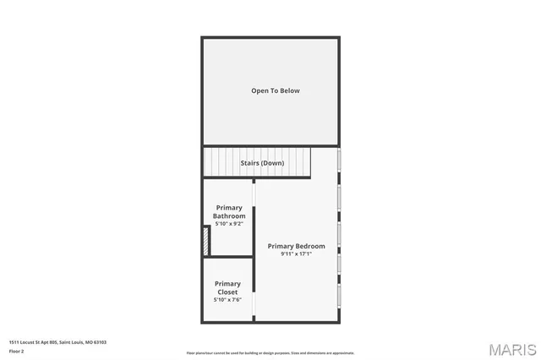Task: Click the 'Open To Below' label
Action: click(275, 90)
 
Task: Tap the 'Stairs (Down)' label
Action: click(261, 163)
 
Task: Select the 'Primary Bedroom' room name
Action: click(296, 246)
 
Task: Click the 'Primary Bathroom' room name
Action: click(229, 211)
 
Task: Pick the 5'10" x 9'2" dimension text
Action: click(229, 224)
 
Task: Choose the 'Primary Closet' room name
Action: click(227, 287)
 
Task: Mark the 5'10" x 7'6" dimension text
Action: click(227, 300)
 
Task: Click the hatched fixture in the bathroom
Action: click(206, 240)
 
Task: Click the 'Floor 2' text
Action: click(17, 350)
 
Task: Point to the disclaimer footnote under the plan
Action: click(270, 353)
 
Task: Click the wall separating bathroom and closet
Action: click(230, 256)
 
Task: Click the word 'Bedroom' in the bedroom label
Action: click(310, 246)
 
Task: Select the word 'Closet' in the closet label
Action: click(227, 292)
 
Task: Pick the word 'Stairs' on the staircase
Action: click(250, 163)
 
